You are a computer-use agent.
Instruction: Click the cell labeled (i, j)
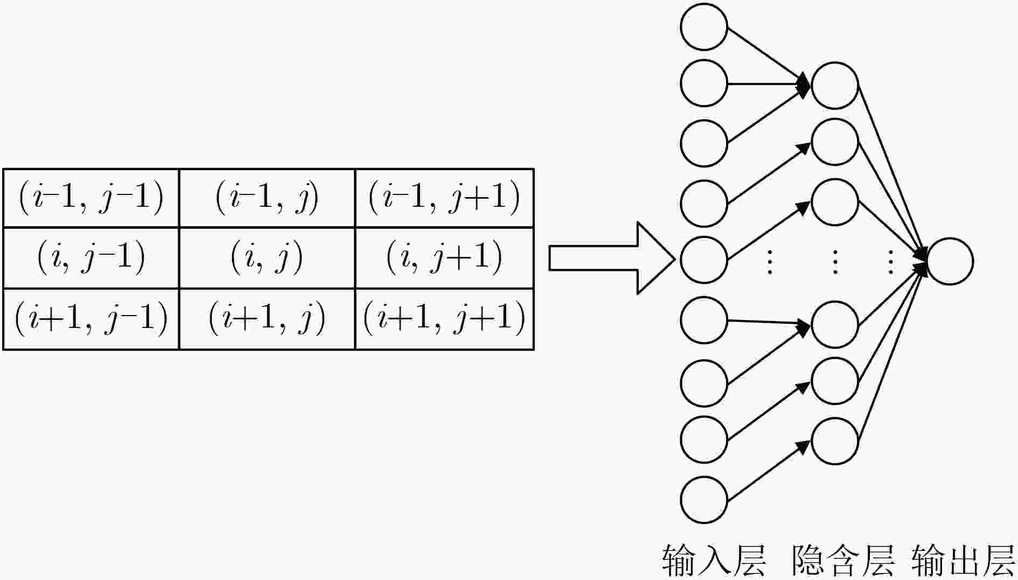pos(267,258)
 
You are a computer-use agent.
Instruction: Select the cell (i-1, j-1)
pos(91,198)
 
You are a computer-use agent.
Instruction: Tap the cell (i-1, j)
pos(267,198)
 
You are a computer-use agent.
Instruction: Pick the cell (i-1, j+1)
pos(444,198)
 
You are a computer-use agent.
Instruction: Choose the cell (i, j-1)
pos(91,258)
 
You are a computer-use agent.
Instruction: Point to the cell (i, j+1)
pos(444,258)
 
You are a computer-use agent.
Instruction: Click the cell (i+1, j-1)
pos(91,319)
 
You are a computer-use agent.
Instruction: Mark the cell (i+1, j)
pos(267,319)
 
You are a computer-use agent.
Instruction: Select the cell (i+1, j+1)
pos(444,319)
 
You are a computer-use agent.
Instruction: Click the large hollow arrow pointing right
pos(612,258)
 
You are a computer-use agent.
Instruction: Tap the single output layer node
pos(950,261)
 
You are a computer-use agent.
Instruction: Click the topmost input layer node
pos(704,27)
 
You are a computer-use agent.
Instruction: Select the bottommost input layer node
pos(704,500)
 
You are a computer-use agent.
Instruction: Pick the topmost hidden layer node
pos(834,86)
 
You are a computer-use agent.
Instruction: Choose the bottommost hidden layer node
pos(834,441)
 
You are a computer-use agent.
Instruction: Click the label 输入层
pos(714,561)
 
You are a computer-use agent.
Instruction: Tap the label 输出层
pos(963,561)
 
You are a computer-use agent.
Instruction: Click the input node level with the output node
pos(704,260)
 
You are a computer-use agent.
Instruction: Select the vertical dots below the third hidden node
pos(835,262)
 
